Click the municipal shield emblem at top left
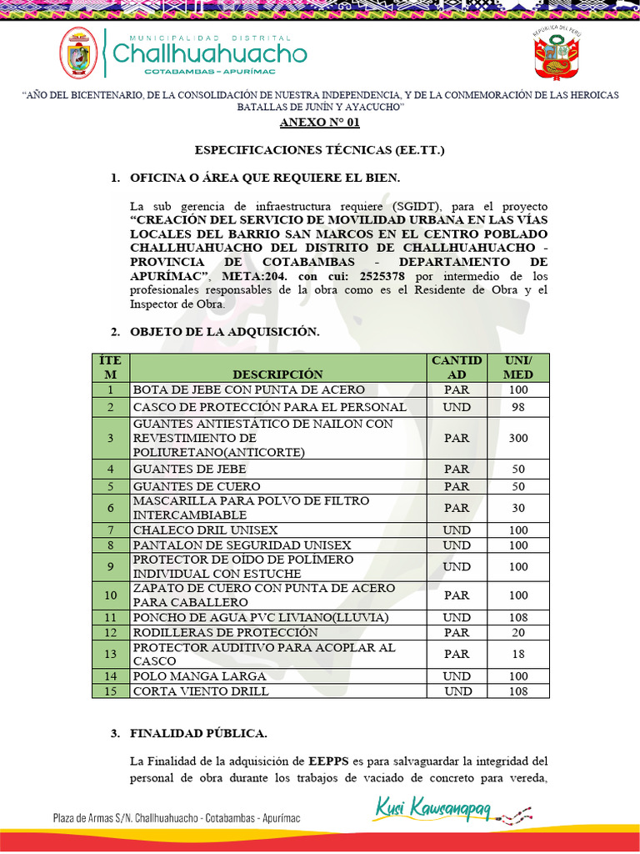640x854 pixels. pos(77,53)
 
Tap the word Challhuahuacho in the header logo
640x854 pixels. pos(209,54)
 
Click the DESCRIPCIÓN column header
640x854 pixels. pos(277,374)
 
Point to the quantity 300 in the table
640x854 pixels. pos(518,438)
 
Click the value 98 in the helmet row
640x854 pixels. pos(518,407)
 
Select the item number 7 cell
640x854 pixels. pos(110,530)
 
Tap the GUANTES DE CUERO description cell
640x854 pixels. pos(197,486)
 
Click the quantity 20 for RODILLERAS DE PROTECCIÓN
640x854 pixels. pos(518,633)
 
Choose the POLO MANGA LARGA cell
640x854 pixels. pos(200,676)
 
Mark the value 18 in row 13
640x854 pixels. pos(518,655)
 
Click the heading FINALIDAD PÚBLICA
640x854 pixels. pos(198,734)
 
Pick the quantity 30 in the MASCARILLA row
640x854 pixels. pos(518,508)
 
